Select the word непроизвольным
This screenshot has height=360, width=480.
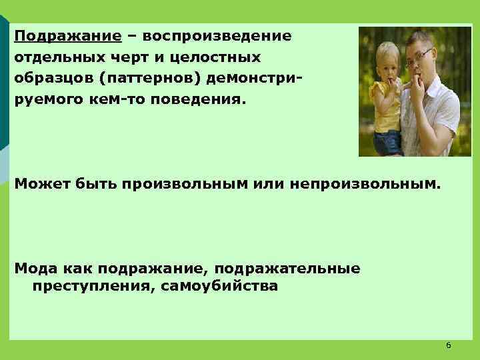365,183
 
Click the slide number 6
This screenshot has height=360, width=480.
448,345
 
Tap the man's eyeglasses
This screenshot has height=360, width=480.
419,57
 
